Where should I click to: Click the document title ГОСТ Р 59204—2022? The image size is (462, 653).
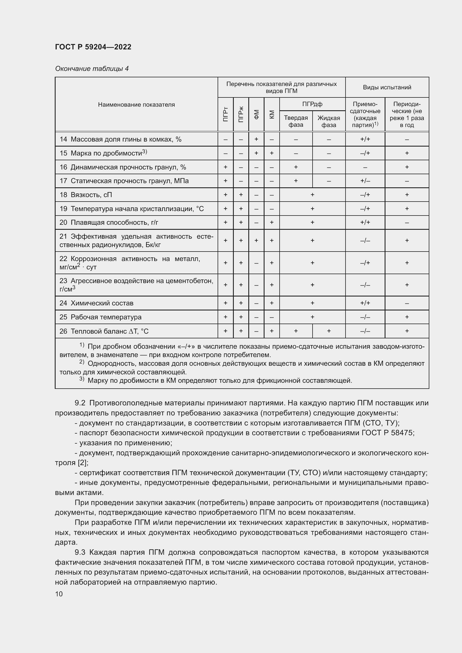93,47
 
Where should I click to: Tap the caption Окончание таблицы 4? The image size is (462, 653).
92,69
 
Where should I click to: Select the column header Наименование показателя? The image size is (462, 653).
136,105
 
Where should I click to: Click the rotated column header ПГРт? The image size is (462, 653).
226,114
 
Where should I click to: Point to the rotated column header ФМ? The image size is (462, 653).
256,114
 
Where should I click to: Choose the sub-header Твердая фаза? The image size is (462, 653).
296,121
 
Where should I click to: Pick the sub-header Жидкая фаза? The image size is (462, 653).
328,121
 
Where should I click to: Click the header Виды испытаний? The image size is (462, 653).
387,87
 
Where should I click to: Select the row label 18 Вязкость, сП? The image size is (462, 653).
86,195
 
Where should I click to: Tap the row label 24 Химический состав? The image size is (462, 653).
96,303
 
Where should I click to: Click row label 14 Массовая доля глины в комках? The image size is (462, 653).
120,139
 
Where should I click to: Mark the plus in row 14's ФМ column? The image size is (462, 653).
256,139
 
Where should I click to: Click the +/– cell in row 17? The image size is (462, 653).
365,181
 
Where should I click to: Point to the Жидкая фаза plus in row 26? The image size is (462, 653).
329,331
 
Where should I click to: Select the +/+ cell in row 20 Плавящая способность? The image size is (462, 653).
365,223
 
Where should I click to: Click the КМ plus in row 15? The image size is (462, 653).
272,153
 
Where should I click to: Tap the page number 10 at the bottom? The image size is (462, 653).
59,594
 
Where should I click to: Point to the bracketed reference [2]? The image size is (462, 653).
83,463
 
